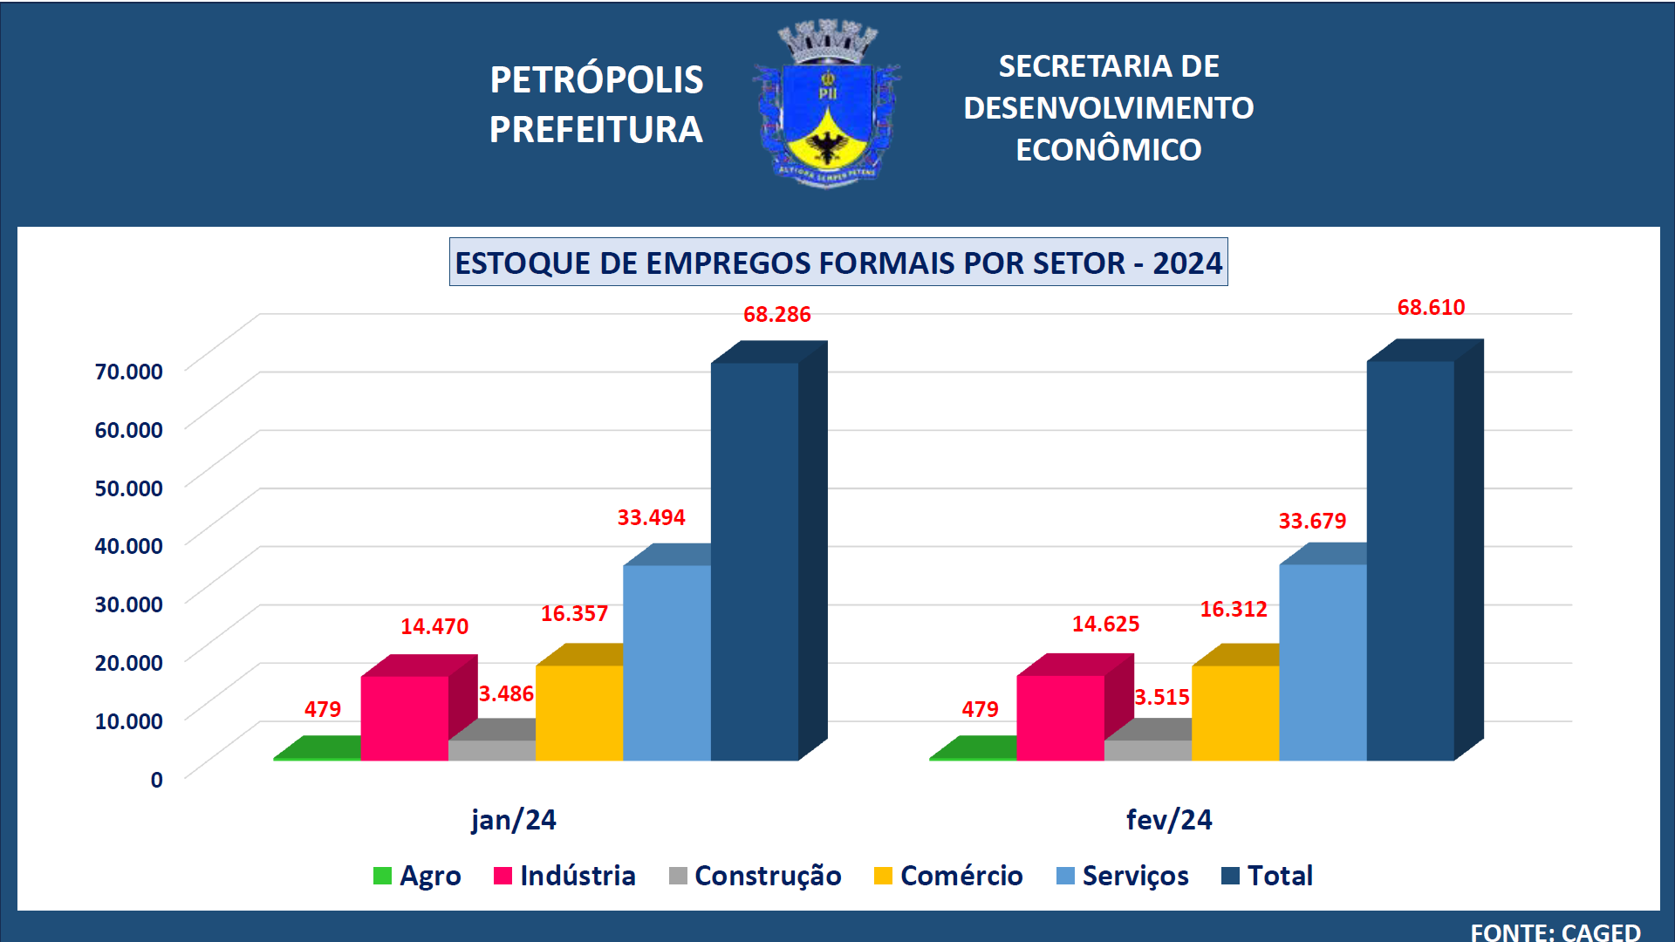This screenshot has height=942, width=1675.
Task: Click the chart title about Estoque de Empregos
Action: click(837, 263)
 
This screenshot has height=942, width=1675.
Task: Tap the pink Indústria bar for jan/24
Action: click(404, 718)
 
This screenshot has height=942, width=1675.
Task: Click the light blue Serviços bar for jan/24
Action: click(667, 663)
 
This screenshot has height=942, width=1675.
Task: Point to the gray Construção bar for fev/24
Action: click(1147, 750)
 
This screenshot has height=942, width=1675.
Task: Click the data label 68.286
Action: click(776, 315)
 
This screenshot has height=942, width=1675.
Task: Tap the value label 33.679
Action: click(1312, 522)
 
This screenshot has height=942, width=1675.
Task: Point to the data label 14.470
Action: click(434, 627)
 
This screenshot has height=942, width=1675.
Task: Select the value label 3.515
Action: click(1161, 698)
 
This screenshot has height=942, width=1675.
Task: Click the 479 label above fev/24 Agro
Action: click(980, 710)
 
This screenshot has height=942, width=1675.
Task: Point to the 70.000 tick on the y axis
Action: click(129, 372)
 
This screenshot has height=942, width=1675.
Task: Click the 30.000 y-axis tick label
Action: click(129, 604)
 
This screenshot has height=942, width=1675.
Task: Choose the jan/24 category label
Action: click(513, 820)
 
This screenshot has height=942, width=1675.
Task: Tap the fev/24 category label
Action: click(1169, 820)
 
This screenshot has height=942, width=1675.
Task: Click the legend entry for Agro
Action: click(417, 876)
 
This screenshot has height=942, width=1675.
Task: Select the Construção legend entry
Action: click(755, 876)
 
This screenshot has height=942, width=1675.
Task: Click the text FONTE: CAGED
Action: click(1555, 932)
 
